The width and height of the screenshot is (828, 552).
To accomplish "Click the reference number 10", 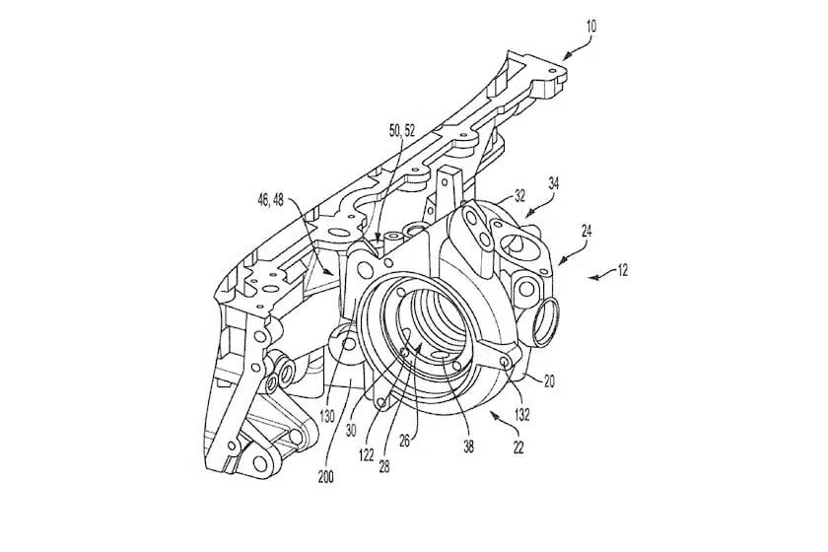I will coord(591,28).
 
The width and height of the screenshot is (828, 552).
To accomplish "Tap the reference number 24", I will coord(586,233).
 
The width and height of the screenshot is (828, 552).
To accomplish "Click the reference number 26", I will coord(404,440).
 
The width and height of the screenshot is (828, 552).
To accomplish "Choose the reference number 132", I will coord(522,415).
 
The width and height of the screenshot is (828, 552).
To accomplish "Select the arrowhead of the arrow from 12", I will coord(587,277).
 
